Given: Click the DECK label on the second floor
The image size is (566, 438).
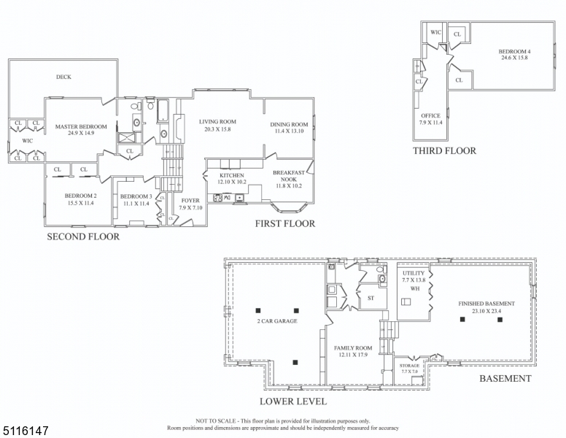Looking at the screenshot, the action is coord(63,77).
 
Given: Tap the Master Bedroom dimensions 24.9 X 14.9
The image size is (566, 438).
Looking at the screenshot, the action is coord(81,133).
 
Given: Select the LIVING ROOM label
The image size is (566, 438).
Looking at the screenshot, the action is coord(217,122).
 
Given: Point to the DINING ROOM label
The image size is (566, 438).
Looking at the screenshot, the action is coord(289,125).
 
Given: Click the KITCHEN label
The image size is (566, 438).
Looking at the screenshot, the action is coord(232,175).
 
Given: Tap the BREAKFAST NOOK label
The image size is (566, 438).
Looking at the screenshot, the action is coord(289,176).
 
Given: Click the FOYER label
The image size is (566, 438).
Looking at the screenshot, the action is coord(190,201).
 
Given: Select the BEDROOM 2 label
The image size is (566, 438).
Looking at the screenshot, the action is coord(80,196).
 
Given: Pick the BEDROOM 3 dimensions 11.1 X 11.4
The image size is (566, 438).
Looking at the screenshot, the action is coord(136,204).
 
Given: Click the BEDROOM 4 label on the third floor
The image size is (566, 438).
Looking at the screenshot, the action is coord(515,51).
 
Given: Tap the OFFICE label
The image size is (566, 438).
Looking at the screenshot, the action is coord(430,115).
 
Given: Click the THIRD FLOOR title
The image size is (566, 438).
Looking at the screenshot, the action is coord(445,150).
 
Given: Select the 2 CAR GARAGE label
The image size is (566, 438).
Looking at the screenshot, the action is coord(277,321).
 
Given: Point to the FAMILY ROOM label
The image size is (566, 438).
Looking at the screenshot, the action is coord(353,348).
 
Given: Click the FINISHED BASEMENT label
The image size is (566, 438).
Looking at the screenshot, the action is coord(486,304).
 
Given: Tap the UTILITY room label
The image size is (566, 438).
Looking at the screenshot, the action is coord(414,273).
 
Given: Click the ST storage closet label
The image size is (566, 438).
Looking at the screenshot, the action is coord(371,298).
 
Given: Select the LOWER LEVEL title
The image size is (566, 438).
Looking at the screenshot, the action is coord(293,401).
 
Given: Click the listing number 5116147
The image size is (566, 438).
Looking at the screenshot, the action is coord(26,431).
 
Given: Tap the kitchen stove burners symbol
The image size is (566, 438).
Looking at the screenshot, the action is coord(217,198).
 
